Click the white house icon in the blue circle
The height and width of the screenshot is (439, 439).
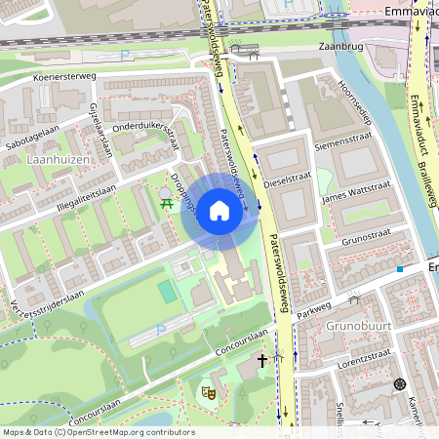pos(219,211)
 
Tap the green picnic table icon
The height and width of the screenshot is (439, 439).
pos(167,201)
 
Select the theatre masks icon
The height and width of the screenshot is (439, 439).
pos(207,392)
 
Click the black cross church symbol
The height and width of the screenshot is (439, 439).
pos(261,361)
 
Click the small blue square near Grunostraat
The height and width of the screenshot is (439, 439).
pos(399,268)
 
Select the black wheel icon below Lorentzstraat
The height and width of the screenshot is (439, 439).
pos(398,383)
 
